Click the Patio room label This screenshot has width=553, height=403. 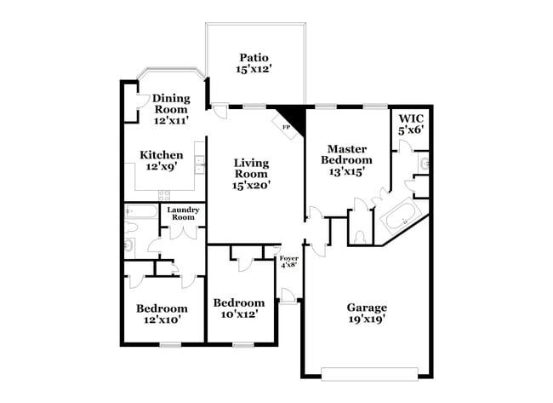[254, 63]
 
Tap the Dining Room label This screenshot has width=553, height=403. [171, 110]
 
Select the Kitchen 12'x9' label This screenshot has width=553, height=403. [161, 161]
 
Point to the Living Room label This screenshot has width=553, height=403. [252, 174]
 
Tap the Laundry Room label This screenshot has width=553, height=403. [182, 214]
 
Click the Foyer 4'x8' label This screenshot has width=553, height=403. [289, 261]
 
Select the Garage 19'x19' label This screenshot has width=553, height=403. [367, 314]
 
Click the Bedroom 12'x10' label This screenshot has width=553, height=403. [162, 314]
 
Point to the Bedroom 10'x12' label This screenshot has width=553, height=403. [238, 308]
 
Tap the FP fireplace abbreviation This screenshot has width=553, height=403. [285, 125]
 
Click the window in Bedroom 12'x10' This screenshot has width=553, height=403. [170, 344]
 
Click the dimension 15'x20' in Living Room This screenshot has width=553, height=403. [252, 185]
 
